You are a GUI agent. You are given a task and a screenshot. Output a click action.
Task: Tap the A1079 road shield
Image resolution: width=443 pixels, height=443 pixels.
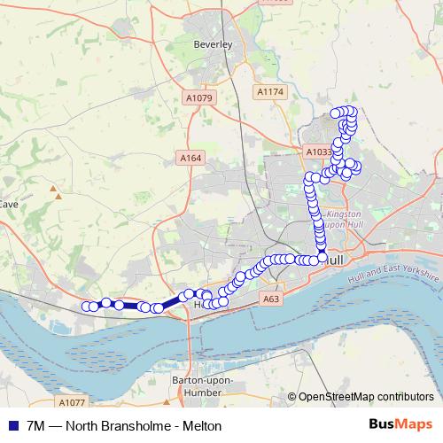200,98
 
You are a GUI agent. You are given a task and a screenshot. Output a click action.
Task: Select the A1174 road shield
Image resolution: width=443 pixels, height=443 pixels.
269,91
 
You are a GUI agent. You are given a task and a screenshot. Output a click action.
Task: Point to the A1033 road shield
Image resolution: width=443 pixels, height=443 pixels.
318,152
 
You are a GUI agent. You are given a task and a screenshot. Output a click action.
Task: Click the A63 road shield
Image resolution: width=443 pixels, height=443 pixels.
271,299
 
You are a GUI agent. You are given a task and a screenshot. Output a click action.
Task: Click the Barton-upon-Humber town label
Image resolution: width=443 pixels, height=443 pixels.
202,386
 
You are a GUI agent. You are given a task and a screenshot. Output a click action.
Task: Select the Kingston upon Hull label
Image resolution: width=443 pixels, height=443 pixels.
346,219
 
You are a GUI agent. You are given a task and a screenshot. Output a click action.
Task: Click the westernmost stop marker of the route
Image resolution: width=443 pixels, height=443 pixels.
87,307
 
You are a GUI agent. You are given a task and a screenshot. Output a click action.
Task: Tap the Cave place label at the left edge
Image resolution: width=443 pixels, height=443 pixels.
9,204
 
